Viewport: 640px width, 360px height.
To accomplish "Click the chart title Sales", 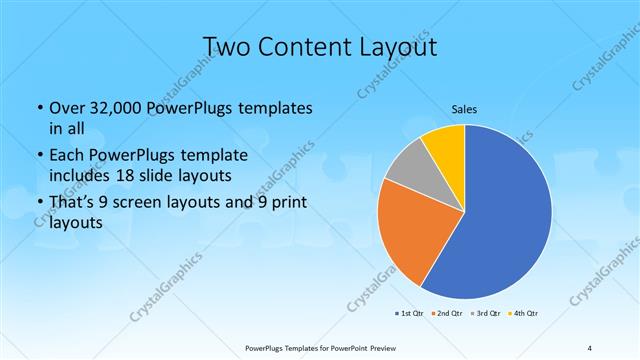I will coord(465,108).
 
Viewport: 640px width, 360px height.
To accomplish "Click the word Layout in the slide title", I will coord(392,47).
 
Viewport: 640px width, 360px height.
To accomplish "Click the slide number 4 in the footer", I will coord(589,347).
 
